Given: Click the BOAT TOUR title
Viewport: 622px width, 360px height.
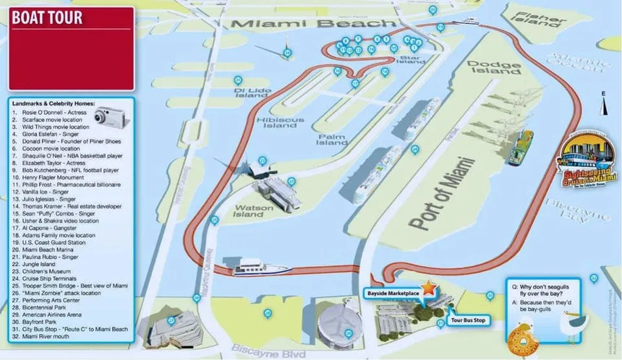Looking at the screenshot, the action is tap(46, 18).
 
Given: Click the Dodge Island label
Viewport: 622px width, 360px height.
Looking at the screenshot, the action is tap(494, 67).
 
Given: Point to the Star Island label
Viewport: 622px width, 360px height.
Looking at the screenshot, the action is tap(410, 59).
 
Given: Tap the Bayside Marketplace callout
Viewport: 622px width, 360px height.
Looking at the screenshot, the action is tap(392, 291).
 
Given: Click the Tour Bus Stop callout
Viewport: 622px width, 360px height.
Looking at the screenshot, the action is tap(467, 319).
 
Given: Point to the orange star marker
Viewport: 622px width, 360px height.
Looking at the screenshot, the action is tap(430, 288).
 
